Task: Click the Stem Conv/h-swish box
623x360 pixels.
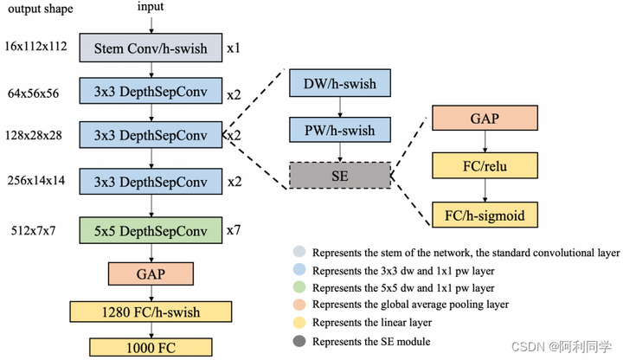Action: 151,48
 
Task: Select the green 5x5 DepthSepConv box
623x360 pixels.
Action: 151,230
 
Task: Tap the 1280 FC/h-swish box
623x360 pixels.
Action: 151,312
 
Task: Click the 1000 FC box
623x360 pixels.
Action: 151,348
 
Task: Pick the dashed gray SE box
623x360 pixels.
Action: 340,175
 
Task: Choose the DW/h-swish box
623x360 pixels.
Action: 340,83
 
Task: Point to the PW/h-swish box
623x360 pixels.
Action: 340,130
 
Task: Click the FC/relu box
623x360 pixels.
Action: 485,165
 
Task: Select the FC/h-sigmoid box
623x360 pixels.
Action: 485,215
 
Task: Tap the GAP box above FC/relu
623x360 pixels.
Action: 485,118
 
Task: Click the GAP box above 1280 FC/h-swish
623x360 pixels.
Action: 151,273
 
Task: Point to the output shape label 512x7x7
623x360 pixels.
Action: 34,230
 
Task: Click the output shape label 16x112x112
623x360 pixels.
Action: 35,46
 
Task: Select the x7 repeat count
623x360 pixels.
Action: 234,230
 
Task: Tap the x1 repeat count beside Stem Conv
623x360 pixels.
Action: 234,48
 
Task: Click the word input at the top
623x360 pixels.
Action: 151,7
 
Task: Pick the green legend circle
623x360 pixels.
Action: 299,287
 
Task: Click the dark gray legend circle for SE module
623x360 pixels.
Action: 299,341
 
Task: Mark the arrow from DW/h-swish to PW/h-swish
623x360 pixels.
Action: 340,107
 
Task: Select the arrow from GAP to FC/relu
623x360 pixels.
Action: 485,141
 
